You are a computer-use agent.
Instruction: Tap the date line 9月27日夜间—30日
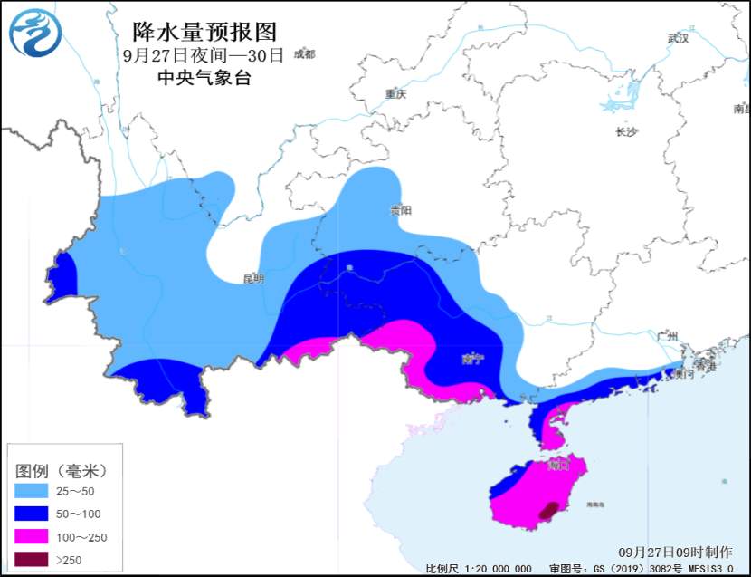(x=203, y=55)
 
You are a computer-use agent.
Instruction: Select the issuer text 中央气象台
(x=204, y=78)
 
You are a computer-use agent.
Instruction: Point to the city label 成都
(x=304, y=54)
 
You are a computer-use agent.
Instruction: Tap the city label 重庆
(x=395, y=94)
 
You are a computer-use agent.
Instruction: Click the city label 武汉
(x=678, y=39)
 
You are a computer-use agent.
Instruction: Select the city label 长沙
(x=626, y=131)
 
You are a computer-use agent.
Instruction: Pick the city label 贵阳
(x=400, y=210)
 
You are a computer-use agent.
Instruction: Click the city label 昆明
(x=253, y=278)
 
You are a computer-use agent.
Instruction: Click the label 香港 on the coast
(x=706, y=367)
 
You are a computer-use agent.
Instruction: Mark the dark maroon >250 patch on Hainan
(x=547, y=513)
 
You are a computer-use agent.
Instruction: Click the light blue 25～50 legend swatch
(x=33, y=492)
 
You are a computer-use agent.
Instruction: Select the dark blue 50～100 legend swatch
(x=33, y=514)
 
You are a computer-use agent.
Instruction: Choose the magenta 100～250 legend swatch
(x=33, y=537)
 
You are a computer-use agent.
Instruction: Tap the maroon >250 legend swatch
(x=33, y=560)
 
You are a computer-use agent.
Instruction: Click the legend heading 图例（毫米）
(x=61, y=471)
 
